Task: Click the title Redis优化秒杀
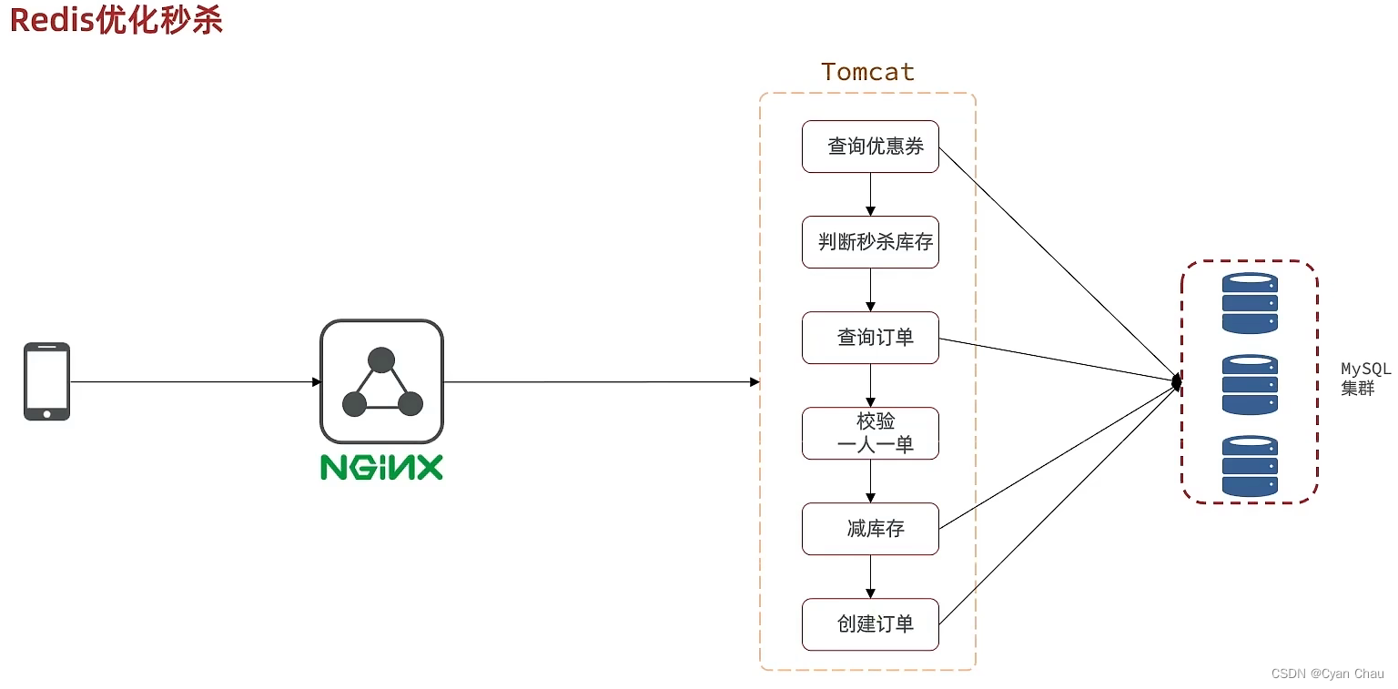click(116, 20)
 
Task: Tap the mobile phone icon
click(46, 381)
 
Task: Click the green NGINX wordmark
click(381, 467)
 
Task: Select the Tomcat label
click(867, 72)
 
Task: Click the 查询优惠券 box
click(870, 147)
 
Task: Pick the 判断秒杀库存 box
click(870, 242)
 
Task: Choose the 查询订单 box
click(870, 338)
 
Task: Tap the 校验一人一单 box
click(870, 433)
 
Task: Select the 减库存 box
click(870, 529)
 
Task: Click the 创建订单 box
click(870, 624)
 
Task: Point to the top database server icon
click(1250, 304)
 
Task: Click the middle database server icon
click(1250, 385)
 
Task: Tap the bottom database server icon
click(1250, 466)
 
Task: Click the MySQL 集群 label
click(1365, 379)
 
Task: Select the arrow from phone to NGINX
click(195, 382)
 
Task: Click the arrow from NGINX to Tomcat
click(601, 382)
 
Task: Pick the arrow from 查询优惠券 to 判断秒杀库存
click(871, 194)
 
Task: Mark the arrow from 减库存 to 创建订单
click(871, 576)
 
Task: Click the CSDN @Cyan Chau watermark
click(1327, 674)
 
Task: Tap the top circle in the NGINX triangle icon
click(381, 360)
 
